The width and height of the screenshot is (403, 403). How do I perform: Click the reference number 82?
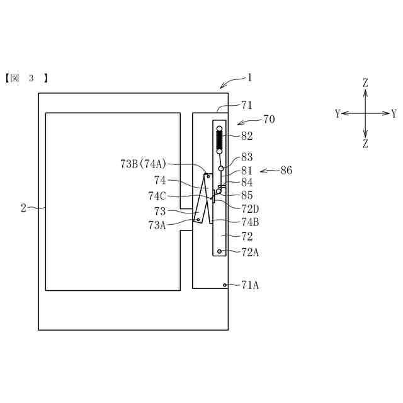tap(247, 136)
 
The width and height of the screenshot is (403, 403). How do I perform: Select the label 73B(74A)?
tap(143, 163)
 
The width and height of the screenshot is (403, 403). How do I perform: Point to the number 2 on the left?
tap(23, 208)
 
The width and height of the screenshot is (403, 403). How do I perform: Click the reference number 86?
tap(286, 170)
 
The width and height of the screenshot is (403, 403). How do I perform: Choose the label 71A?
tap(250, 285)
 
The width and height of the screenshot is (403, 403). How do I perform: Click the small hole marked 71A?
tap(225, 285)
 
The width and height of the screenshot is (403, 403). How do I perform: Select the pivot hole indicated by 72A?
tap(219, 251)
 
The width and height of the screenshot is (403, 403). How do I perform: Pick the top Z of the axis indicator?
tap(365, 83)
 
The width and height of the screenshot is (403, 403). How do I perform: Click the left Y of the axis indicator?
tap(338, 114)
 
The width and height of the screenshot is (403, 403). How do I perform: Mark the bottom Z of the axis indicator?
tap(365, 144)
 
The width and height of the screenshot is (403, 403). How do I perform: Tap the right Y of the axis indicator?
tap(394, 114)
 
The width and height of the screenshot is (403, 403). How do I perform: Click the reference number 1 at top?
tap(249, 78)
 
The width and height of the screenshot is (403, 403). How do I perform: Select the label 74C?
tap(157, 195)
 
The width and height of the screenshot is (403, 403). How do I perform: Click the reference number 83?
tap(247, 157)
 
